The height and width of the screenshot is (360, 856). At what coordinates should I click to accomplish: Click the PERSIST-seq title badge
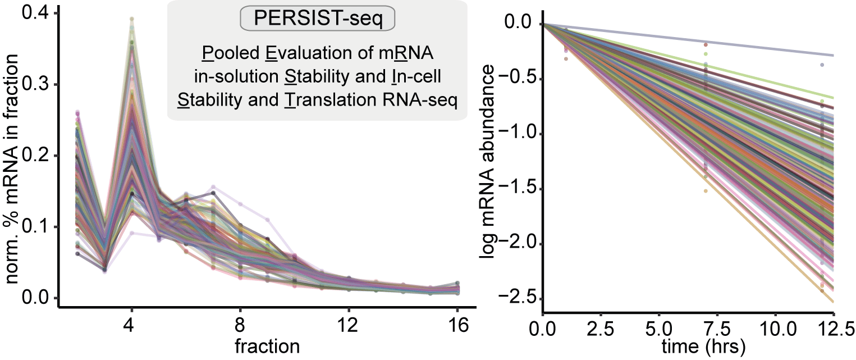click(318, 19)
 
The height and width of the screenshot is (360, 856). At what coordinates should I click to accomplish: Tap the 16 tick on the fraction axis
click(458, 325)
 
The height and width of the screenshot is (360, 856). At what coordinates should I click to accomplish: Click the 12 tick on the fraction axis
click(349, 325)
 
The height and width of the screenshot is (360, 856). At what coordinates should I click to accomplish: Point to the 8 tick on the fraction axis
click(240, 325)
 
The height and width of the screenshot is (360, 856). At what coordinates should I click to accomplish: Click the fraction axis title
click(267, 345)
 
